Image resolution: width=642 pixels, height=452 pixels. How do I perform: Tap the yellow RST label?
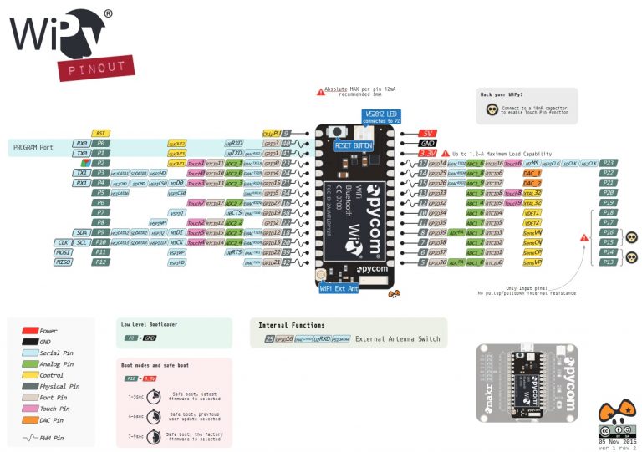click(100, 133)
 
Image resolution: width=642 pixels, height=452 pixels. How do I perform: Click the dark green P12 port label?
click(100, 262)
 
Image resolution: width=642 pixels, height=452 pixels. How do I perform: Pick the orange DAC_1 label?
click(532, 172)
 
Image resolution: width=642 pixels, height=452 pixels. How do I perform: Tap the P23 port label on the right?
click(609, 163)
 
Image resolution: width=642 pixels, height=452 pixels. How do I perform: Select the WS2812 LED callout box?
click(381, 117)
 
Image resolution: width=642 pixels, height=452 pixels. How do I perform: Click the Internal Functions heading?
click(292, 325)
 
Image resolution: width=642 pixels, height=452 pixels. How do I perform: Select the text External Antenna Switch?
click(396, 338)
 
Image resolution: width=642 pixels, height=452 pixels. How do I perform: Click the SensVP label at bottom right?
click(532, 262)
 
